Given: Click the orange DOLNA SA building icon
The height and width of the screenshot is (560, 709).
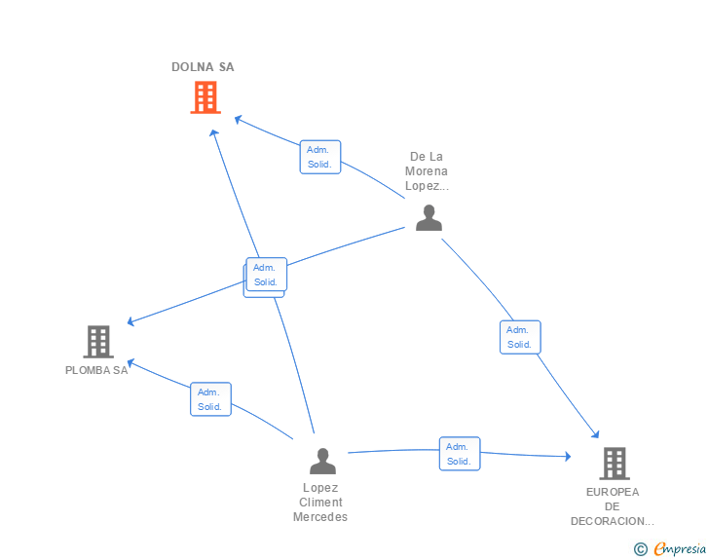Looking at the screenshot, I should (x=205, y=97).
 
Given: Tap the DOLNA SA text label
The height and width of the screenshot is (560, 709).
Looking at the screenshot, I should (x=203, y=67).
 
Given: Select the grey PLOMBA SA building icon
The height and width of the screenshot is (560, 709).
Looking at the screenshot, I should (x=97, y=342).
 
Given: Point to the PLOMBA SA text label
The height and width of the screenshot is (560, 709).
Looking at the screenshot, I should (x=96, y=370).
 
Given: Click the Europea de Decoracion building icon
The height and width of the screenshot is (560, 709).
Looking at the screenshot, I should (x=613, y=464).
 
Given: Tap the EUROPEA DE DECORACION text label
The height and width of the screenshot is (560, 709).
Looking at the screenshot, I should (x=613, y=506).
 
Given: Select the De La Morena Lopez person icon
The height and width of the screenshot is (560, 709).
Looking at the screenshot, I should (x=429, y=218).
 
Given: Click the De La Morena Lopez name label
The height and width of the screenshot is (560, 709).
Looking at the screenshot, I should (x=428, y=170).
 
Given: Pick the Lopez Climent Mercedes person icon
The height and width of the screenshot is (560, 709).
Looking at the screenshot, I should (x=322, y=461).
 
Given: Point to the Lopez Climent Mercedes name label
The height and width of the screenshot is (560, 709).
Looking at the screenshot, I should (x=320, y=503).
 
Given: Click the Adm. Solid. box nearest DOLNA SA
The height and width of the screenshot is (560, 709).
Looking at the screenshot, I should (x=319, y=157).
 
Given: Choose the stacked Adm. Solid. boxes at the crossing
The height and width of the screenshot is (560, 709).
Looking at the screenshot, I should (x=265, y=276).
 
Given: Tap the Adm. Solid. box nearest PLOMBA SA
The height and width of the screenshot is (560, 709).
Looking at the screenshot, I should (x=210, y=399).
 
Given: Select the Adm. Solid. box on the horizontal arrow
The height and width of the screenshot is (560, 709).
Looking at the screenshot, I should (x=459, y=454).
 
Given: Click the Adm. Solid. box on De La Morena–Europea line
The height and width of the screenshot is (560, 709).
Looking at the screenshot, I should (x=519, y=337).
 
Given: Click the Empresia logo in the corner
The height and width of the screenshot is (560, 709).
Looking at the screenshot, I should (x=671, y=549).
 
